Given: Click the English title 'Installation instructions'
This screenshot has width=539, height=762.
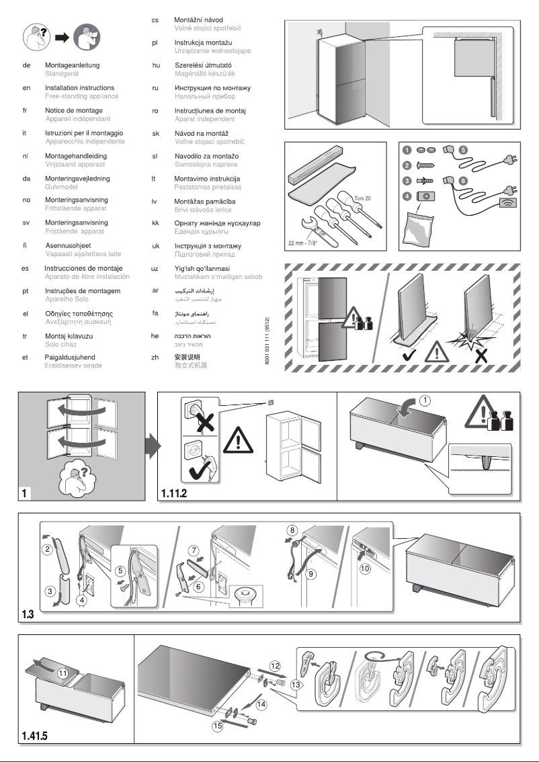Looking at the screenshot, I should click(x=79, y=88).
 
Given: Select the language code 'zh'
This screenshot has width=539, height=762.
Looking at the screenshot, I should click(x=155, y=357).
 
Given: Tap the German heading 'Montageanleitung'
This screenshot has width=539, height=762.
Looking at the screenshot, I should click(x=73, y=65).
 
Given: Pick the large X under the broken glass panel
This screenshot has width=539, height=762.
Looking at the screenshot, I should click(x=481, y=354).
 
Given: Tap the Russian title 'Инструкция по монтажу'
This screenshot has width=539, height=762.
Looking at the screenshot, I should click(x=212, y=88).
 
